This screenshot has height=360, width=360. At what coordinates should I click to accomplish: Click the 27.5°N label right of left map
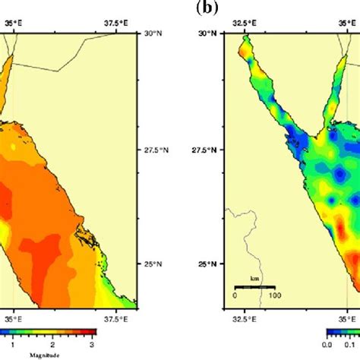(157, 150)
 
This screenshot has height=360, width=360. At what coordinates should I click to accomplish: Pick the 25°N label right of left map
(154, 264)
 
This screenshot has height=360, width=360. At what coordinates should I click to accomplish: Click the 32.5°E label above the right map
(243, 24)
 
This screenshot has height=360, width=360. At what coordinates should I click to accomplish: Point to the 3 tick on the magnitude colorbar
(92, 344)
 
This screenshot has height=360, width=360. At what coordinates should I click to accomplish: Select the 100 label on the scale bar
(272, 294)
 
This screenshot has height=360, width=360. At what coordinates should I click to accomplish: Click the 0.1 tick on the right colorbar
(351, 344)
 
